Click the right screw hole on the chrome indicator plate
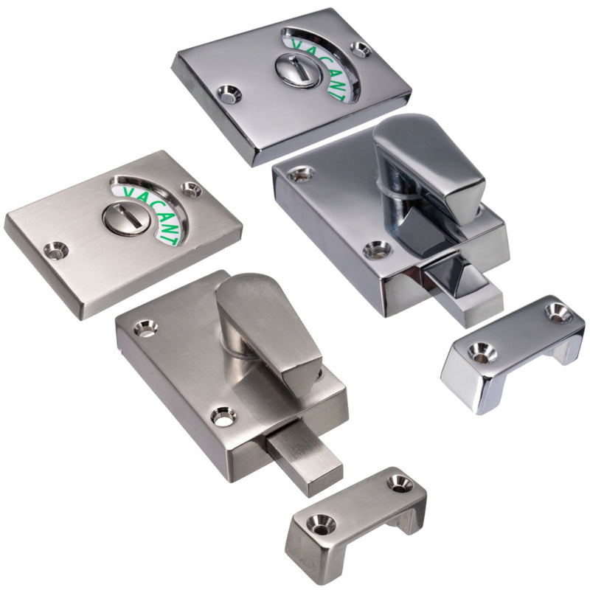[361, 51]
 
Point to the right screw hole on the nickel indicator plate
[192, 190]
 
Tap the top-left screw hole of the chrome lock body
[300, 175]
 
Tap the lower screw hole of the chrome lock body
[377, 249]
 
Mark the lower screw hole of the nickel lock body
[223, 417]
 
